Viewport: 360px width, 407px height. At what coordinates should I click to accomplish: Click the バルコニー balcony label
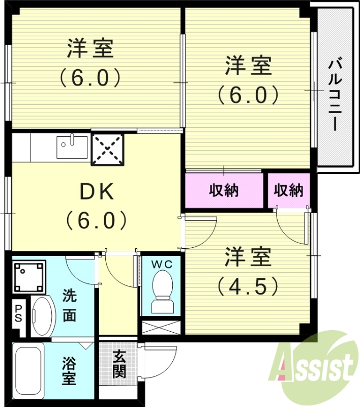tap(334, 95)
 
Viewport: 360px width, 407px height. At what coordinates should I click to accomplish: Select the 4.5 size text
tap(248, 285)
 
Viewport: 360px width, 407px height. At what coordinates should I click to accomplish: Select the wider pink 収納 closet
tap(225, 191)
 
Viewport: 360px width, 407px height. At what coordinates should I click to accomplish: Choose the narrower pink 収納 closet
tap(288, 191)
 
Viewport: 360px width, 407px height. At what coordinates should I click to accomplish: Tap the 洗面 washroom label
tap(70, 305)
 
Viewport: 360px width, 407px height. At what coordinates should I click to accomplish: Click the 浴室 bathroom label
tap(70, 371)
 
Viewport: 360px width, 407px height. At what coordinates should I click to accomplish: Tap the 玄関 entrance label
tap(119, 364)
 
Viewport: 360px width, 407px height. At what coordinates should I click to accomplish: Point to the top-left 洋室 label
tap(90, 49)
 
